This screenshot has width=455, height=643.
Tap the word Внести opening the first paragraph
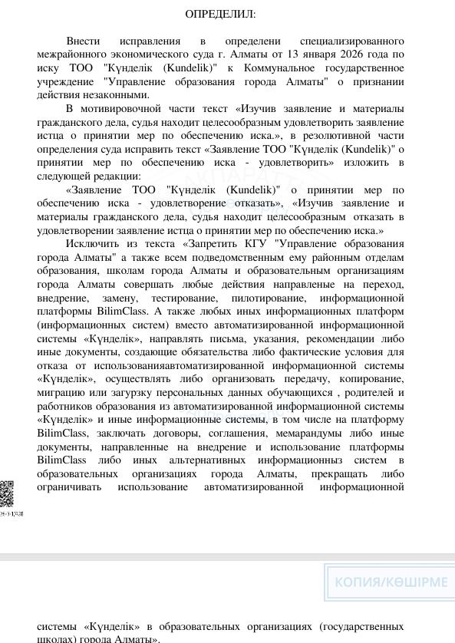[x=84, y=41]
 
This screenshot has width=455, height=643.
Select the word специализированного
[x=356, y=41]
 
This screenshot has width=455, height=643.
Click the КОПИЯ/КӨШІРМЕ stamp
[x=391, y=582]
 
